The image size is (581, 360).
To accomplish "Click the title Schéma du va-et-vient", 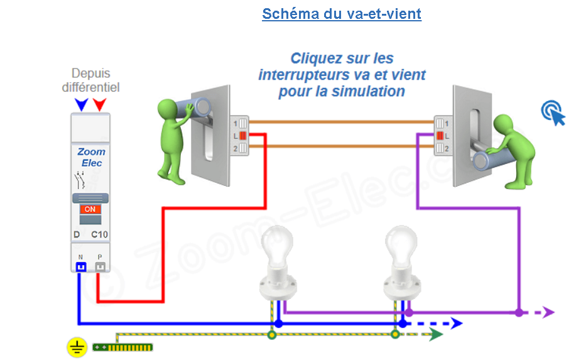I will tap(341, 14).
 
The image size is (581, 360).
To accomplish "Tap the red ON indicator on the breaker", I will tap(90, 209).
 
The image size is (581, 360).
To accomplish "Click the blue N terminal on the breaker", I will tap(80, 266).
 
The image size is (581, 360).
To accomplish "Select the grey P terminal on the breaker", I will tap(100, 266).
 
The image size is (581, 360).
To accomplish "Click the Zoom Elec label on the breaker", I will tap(90, 157).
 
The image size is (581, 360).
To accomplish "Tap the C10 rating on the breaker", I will tap(99, 235).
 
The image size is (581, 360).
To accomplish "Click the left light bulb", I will tap(276, 245).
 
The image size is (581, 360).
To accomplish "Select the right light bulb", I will tap(400, 245).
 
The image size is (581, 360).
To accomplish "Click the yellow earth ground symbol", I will tap(77, 346).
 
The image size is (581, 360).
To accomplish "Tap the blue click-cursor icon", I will tap(553, 113).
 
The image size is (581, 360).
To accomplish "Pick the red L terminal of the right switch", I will tap(440, 135).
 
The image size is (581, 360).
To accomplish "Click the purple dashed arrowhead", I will tap(548, 312).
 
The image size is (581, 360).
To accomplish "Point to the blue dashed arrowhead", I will tap(457, 324).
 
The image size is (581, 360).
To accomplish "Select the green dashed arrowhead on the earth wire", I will tap(437, 335).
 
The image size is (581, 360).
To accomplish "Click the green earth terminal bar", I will tap(123, 346).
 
